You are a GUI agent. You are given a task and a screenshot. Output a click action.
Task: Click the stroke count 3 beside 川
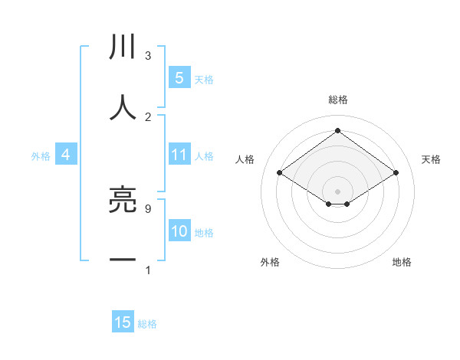148,55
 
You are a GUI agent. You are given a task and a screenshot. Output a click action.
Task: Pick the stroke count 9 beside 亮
148,208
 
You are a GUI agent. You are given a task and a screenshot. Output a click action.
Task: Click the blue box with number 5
179,78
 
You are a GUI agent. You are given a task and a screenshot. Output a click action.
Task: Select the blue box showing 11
179,155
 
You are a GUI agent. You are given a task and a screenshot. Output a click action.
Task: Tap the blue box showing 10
179,232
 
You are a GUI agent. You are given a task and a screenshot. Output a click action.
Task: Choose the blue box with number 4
66,155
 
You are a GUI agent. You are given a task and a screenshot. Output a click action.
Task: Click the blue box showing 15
123,323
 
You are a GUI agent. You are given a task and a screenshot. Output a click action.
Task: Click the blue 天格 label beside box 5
204,79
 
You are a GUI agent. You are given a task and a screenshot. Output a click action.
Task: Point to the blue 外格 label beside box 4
41,156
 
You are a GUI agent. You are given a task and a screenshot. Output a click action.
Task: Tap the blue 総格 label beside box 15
147,324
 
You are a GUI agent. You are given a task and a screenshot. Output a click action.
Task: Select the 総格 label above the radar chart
338,100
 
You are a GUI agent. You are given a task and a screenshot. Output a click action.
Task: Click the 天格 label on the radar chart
431,159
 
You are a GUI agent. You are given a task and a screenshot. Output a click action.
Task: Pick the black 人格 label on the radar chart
245,159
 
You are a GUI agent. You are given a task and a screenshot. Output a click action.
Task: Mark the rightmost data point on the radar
396,173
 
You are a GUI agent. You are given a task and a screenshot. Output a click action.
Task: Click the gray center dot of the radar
338,191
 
